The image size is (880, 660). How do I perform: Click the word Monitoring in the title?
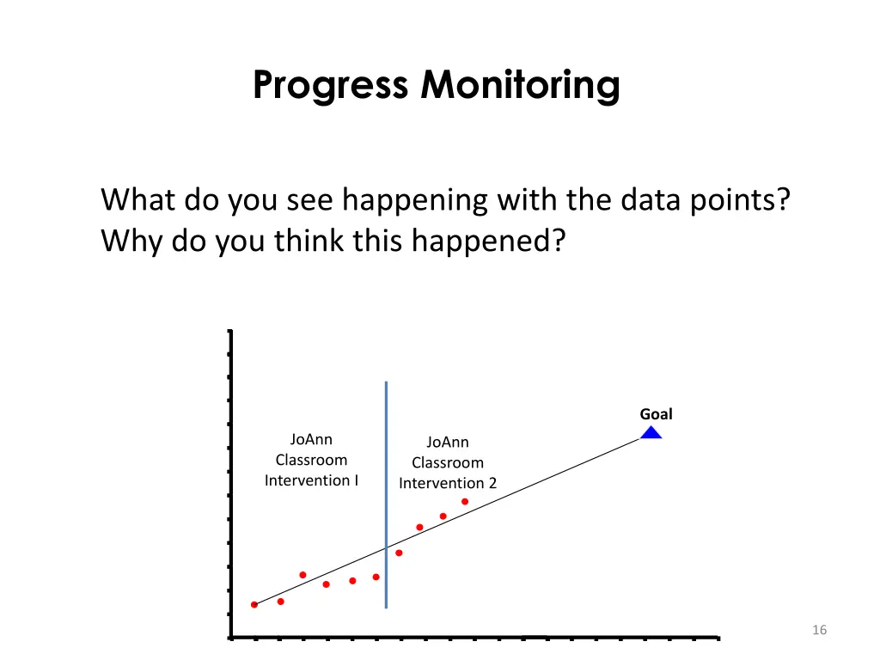[x=520, y=86]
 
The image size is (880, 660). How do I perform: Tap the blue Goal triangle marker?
[x=651, y=433]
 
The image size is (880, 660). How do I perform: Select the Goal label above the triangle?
[x=656, y=414]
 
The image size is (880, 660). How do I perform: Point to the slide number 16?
[x=819, y=631]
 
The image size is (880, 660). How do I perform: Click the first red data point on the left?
[x=254, y=605]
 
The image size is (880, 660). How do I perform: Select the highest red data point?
[x=465, y=501]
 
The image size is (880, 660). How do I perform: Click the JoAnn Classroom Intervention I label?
[x=311, y=461]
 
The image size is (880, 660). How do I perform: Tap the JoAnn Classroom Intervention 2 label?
[x=448, y=463]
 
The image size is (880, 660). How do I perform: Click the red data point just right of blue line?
[x=399, y=553]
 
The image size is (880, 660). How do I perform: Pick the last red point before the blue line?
[x=376, y=577]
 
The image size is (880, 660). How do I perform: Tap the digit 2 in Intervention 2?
[x=492, y=484]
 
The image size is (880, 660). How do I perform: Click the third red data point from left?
[x=302, y=575]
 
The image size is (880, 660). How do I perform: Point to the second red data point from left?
[x=281, y=602]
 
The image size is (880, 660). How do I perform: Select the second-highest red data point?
[x=443, y=516]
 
